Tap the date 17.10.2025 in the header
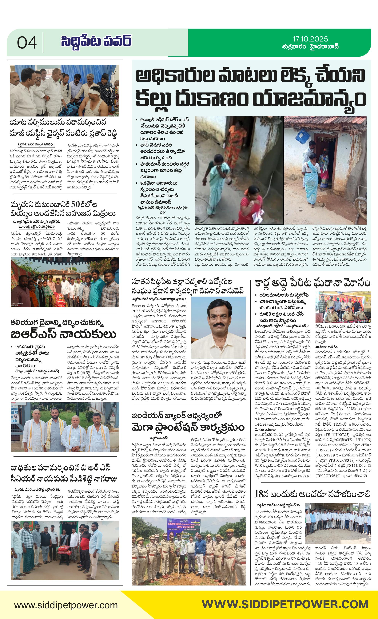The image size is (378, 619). click(x=310, y=39)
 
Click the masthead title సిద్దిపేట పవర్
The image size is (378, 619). click(x=96, y=41)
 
